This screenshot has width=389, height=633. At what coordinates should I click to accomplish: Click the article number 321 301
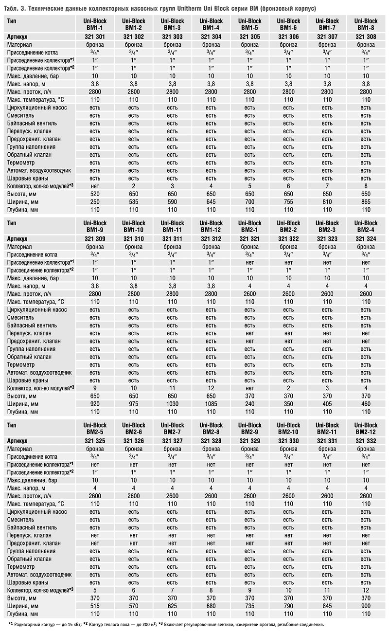[x=95, y=36]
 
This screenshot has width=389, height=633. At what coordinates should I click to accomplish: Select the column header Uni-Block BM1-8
[x=366, y=24]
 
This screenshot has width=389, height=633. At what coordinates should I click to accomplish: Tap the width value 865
[x=366, y=201]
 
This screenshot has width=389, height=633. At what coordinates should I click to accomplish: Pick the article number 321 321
[x=250, y=239]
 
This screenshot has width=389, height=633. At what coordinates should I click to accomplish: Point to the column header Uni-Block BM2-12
[x=366, y=429]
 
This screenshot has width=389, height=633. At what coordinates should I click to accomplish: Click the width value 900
[x=366, y=606]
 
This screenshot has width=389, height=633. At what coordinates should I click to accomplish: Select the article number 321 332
[x=366, y=441]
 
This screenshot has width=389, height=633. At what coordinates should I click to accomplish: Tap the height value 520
[x=95, y=194]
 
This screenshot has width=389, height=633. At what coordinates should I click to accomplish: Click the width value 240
[x=250, y=403]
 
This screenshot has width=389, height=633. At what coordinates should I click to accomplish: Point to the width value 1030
[x=172, y=403]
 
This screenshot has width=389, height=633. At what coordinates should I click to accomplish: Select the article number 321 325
[x=95, y=441]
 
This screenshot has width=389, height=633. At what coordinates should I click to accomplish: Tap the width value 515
[x=95, y=606]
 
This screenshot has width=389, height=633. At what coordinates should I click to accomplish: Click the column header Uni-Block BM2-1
[x=250, y=226]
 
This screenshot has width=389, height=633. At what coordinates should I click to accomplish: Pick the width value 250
[x=95, y=201]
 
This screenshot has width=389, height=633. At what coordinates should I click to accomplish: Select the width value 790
[x=288, y=606]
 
